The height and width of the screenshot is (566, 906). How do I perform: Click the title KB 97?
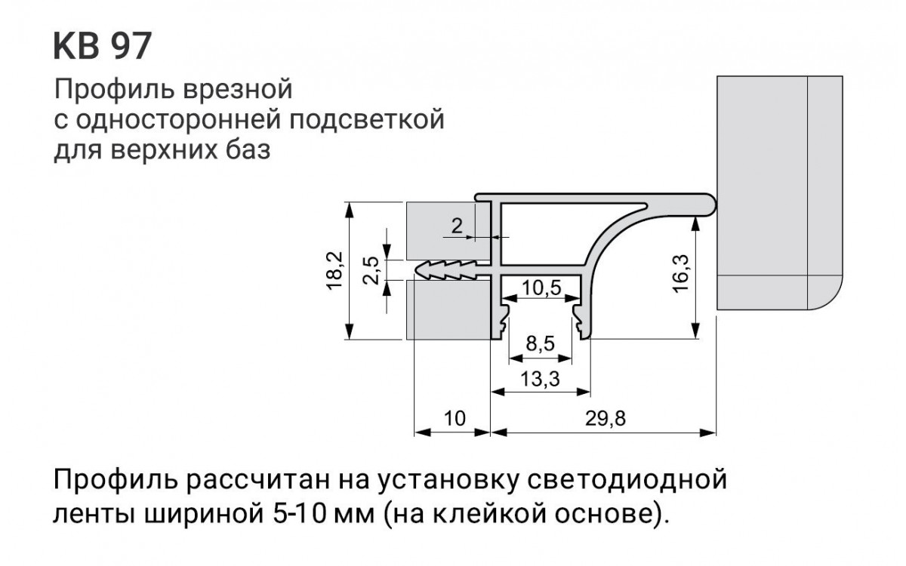click(x=102, y=47)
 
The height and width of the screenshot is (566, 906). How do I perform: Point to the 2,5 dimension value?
click(x=370, y=269)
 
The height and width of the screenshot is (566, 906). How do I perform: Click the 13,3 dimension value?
click(x=540, y=380)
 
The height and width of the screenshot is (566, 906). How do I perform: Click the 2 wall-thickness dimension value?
click(x=456, y=225)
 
